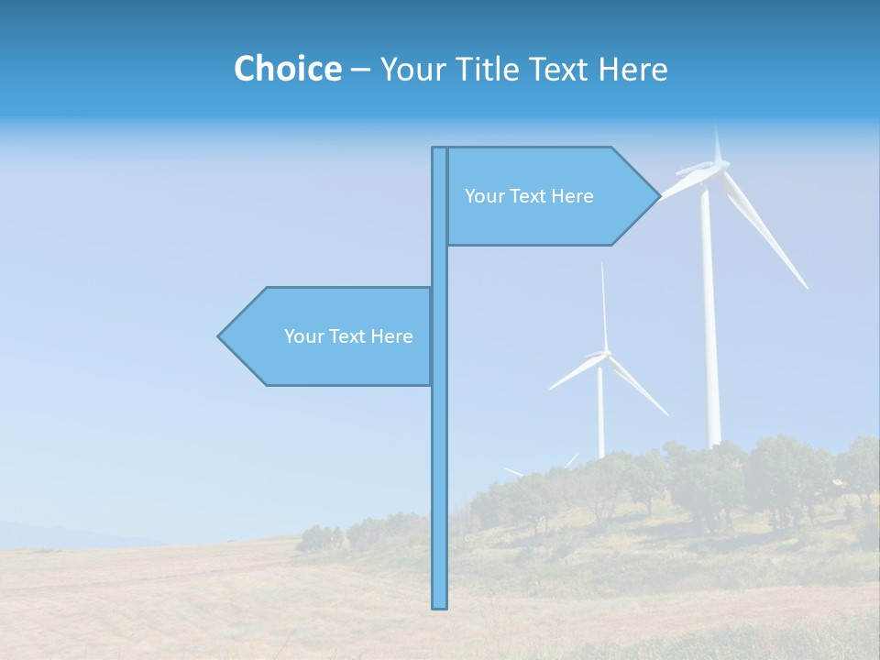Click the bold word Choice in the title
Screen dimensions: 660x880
coord(287,69)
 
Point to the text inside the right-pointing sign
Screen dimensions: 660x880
coord(529,196)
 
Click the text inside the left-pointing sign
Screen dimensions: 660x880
coord(348,336)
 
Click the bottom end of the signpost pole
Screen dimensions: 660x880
coord(439,605)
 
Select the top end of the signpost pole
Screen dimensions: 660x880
coord(439,149)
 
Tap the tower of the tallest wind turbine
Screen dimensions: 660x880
coord(709,321)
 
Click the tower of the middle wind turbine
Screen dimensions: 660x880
coord(600,412)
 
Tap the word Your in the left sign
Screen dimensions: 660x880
coord(303,336)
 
